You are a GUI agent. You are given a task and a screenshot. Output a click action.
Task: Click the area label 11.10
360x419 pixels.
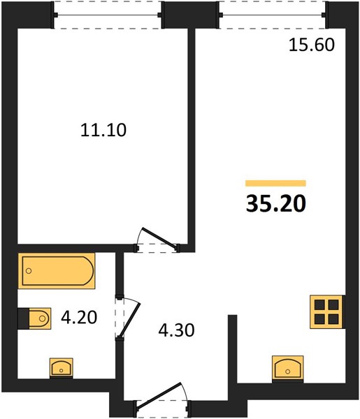[x=103, y=130]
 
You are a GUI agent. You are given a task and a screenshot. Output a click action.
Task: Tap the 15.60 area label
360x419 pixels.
[x=312, y=45]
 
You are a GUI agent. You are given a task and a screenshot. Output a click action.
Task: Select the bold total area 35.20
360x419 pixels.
[x=275, y=204]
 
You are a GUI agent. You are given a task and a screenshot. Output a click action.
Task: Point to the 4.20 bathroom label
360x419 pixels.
[x=79, y=318]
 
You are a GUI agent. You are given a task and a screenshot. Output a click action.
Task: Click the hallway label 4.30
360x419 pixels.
[x=177, y=330]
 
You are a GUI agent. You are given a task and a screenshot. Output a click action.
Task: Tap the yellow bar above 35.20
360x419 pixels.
[x=275, y=183]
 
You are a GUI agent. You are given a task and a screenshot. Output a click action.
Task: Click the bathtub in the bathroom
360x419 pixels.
[x=57, y=271]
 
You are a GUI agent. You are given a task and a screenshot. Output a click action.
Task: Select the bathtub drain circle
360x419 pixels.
[x=29, y=271]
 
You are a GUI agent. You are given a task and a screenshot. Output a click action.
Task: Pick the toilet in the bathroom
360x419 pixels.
[x=34, y=318]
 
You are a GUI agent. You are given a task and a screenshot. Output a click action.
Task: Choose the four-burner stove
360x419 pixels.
[x=326, y=312]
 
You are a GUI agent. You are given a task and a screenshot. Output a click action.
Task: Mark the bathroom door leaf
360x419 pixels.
[x=130, y=320]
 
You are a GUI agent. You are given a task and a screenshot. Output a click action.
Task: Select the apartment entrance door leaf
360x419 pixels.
[x=159, y=395]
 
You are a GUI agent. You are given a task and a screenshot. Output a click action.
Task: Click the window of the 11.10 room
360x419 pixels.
[x=108, y=15]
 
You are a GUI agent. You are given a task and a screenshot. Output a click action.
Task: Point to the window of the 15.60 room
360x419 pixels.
[x=273, y=15]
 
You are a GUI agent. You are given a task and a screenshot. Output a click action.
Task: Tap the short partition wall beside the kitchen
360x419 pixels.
[x=233, y=350]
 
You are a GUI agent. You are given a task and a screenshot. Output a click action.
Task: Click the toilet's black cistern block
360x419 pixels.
[x=23, y=318]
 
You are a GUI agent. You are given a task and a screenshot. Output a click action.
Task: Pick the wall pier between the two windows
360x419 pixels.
[x=190, y=15]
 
